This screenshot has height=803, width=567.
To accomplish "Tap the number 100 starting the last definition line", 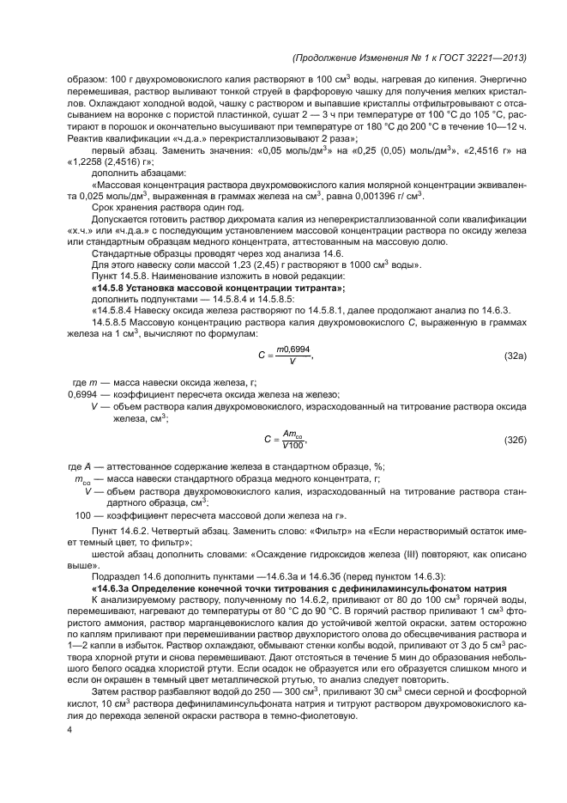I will (x=82, y=515).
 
